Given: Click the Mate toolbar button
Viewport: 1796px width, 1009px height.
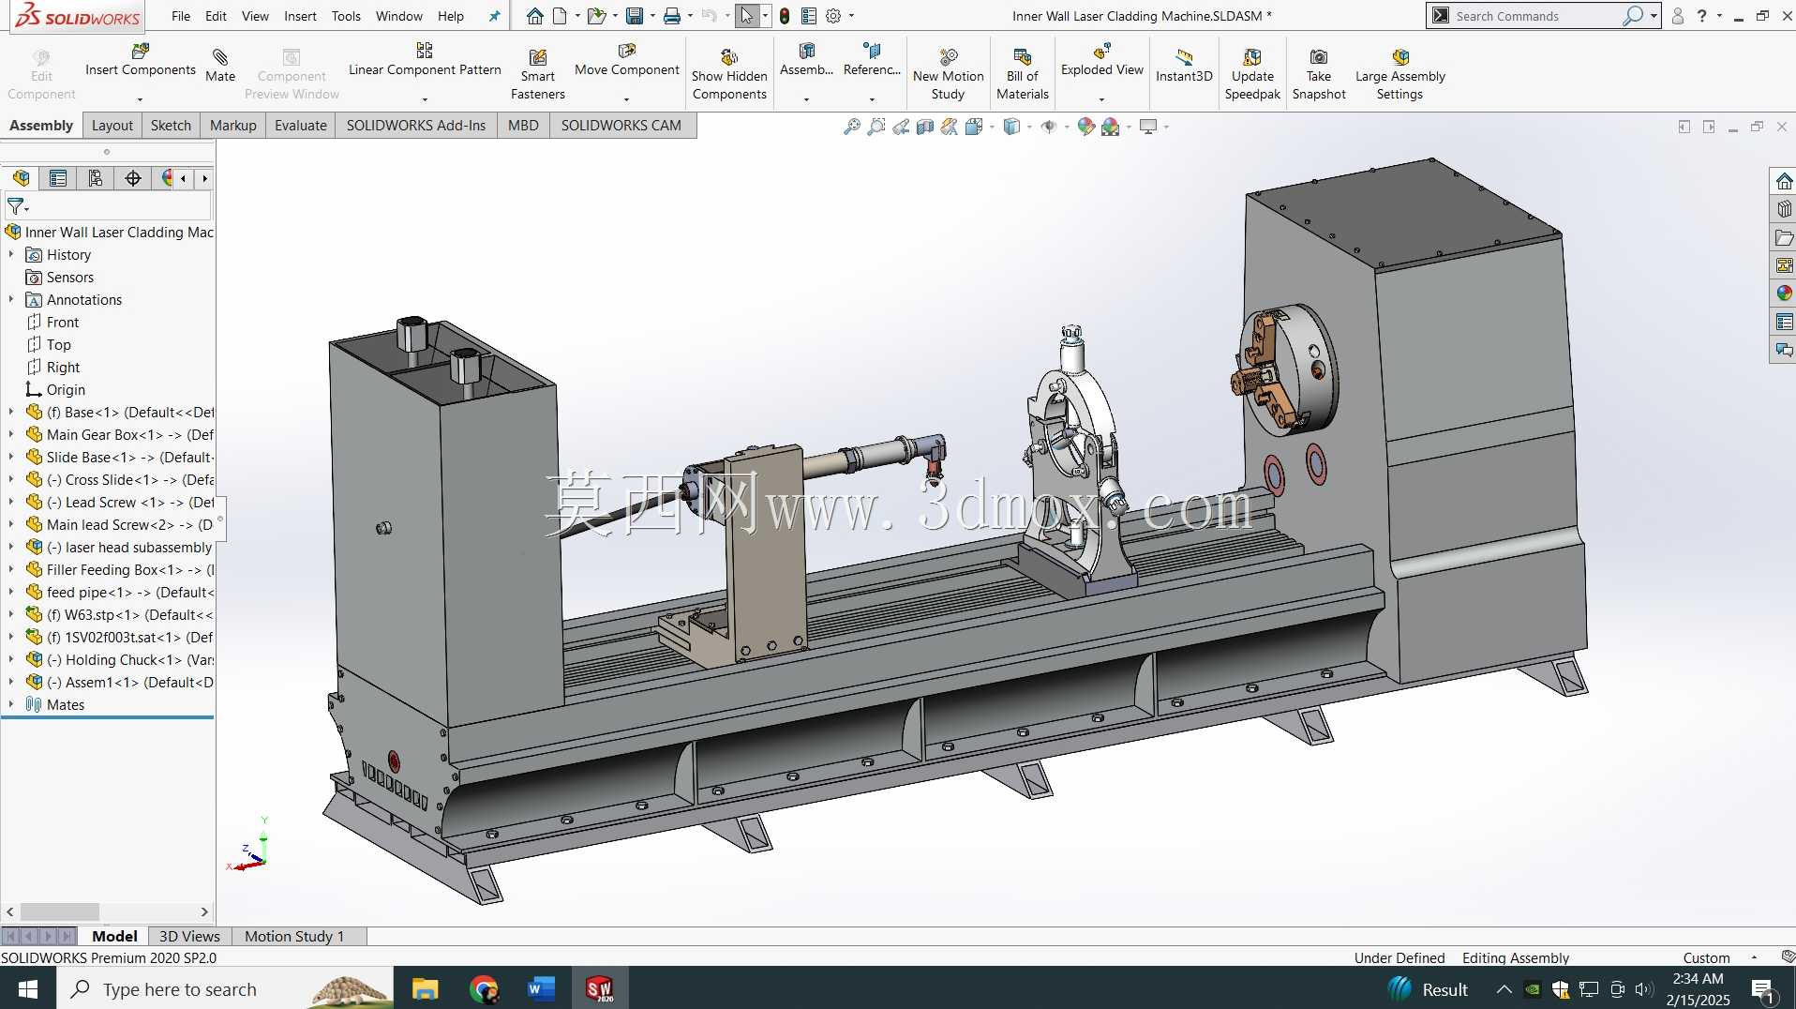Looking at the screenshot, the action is click(x=220, y=66).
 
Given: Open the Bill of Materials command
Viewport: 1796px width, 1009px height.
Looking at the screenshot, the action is click(x=1022, y=73).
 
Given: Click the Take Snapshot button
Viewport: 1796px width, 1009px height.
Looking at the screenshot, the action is click(x=1318, y=73).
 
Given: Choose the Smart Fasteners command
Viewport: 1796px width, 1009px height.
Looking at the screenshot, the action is click(x=537, y=73).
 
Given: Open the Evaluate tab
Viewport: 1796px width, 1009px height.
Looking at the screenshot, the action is click(x=300, y=126).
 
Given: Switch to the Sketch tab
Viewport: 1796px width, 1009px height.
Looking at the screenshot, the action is click(x=171, y=126).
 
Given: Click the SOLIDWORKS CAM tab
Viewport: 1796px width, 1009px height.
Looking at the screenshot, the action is click(x=621, y=126).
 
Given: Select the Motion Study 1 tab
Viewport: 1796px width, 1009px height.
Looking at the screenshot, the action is click(x=294, y=936).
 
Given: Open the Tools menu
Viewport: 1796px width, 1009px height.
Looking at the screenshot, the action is click(x=346, y=16).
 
